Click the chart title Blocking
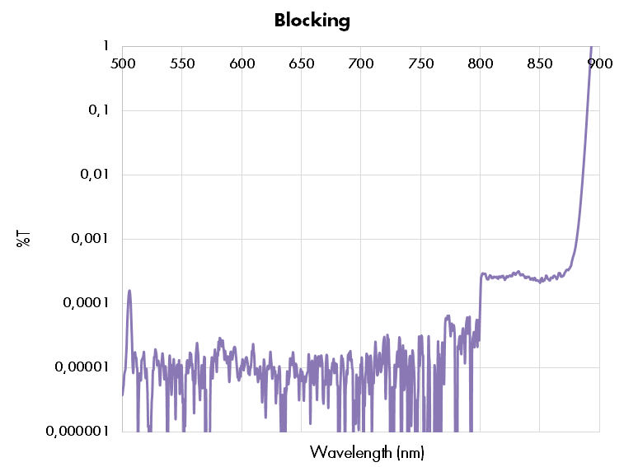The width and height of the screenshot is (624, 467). pyautogui.click(x=312, y=21)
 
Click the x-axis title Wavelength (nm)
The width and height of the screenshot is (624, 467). pyautogui.click(x=367, y=452)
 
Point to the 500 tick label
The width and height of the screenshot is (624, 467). pyautogui.click(x=122, y=63)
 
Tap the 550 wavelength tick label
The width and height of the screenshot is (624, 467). pyautogui.click(x=182, y=63)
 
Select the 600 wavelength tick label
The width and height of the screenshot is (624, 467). pyautogui.click(x=242, y=63)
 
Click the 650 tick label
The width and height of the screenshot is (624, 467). pyautogui.click(x=301, y=63)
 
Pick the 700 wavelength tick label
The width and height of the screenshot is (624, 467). pyautogui.click(x=361, y=63)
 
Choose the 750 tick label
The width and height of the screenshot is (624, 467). pyautogui.click(x=420, y=63)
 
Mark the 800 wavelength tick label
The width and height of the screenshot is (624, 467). pyautogui.click(x=480, y=63)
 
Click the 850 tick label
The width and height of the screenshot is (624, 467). pyautogui.click(x=540, y=63)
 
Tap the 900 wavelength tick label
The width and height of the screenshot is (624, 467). pyautogui.click(x=599, y=63)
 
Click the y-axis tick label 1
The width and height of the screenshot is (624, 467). pyautogui.click(x=106, y=46)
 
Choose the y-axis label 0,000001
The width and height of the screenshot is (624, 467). pyautogui.click(x=77, y=431)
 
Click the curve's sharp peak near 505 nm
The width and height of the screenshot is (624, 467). pyautogui.click(x=129, y=291)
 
